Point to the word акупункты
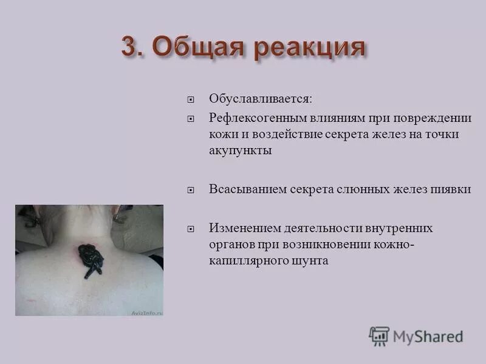click(240, 151)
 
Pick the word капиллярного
click(244, 261)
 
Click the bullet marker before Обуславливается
click(191, 99)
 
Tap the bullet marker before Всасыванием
click(191, 190)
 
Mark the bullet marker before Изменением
click(191, 228)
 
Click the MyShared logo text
click(427, 335)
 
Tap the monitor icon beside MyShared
click(379, 335)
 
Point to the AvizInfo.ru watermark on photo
click(146, 312)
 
